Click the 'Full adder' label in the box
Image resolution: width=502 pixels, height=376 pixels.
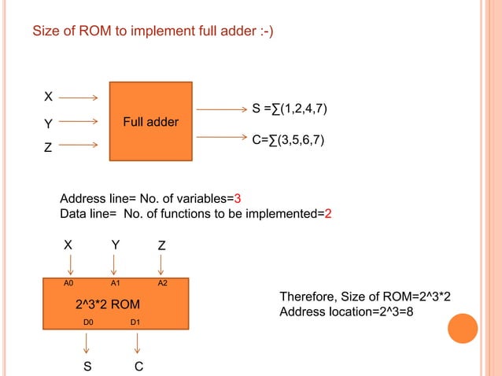click(150, 122)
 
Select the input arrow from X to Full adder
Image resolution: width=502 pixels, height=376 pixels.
click(78, 98)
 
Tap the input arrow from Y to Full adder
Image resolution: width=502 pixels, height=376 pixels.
click(78, 122)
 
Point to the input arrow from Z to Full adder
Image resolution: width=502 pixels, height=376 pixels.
click(78, 145)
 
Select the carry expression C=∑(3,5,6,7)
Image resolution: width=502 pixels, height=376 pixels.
click(288, 140)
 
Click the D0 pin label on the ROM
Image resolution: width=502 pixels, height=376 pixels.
click(89, 322)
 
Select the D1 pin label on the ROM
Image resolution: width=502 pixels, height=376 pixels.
click(135, 322)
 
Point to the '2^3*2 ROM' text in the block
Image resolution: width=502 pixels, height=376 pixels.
click(108, 304)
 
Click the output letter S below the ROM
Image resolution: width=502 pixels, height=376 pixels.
click(88, 366)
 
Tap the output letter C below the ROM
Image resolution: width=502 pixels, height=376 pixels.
click(138, 366)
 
